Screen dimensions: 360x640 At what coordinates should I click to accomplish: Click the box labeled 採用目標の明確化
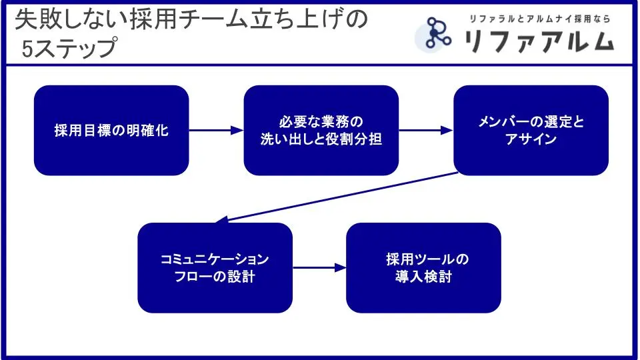(x=111, y=131)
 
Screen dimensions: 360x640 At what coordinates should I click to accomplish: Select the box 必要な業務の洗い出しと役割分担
(x=321, y=131)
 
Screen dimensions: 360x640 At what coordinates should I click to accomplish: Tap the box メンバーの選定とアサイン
(x=531, y=131)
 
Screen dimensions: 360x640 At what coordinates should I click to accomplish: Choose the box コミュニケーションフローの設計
(x=215, y=267)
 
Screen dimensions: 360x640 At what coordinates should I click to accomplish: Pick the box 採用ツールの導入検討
(x=423, y=267)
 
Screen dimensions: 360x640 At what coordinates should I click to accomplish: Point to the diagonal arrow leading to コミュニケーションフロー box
(x=340, y=197)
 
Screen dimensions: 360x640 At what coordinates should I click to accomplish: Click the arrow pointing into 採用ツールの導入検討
(x=319, y=267)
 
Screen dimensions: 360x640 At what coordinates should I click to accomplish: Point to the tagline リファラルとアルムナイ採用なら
(x=539, y=19)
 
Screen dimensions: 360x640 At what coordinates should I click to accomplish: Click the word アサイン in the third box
(x=531, y=140)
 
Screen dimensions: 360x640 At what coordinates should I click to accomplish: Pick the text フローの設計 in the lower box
(x=215, y=276)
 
